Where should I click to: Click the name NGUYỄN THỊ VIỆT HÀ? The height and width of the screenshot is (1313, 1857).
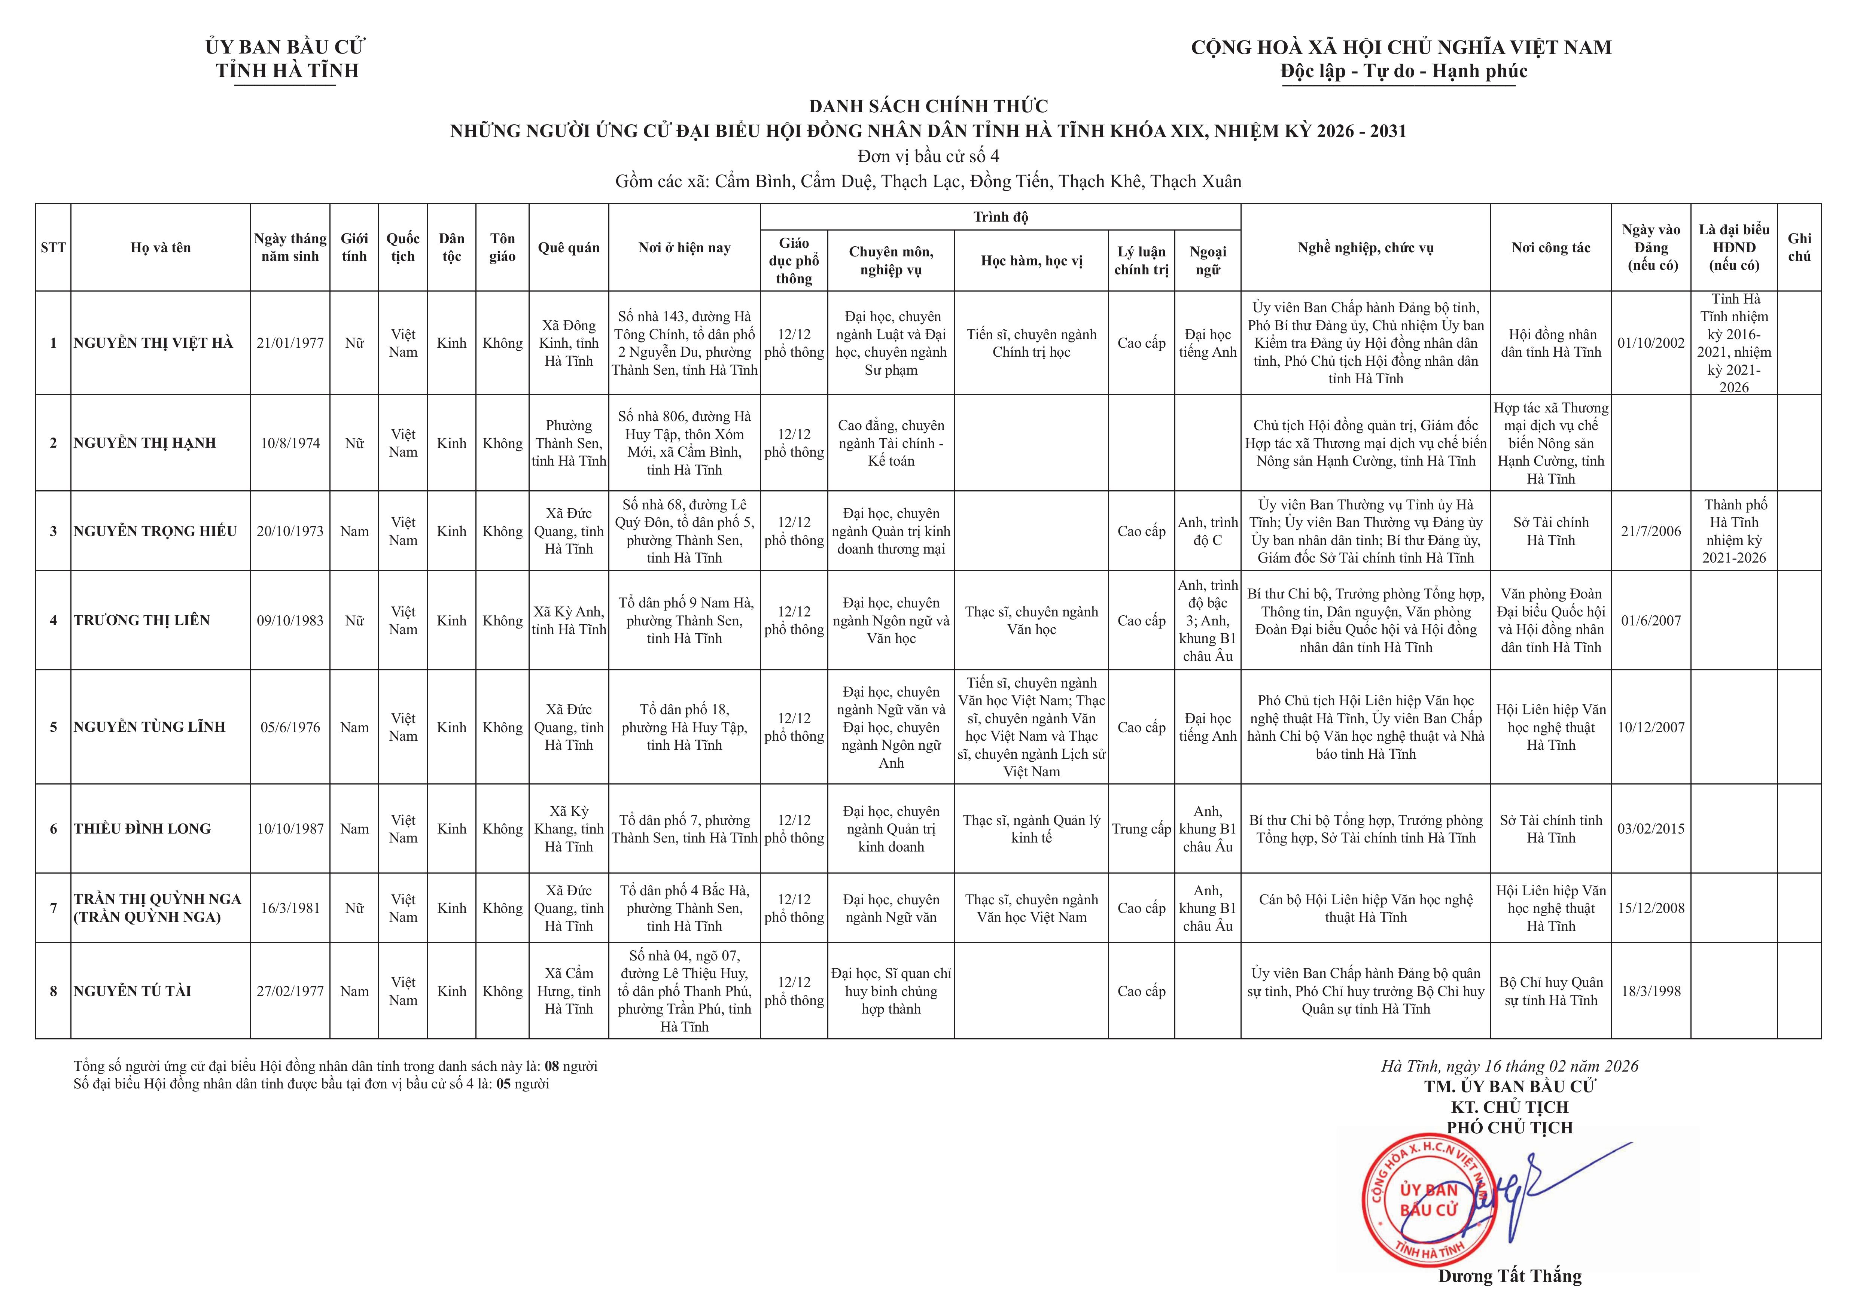pos(153,343)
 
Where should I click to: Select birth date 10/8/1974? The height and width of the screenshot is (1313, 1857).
pos(290,443)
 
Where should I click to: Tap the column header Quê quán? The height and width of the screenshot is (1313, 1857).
pos(569,247)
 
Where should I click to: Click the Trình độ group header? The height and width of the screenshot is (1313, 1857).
pos(1001,217)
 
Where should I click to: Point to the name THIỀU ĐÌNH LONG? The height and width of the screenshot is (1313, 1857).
pos(142,829)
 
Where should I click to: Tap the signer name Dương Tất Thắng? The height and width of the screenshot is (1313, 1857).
pos(1509,1276)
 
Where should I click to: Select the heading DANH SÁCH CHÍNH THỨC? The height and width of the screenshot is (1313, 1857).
pos(928,106)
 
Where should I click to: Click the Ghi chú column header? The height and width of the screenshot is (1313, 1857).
pos(1799,247)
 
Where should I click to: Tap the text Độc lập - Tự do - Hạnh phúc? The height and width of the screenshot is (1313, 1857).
pos(1403,71)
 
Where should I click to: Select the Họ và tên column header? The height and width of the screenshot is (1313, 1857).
pos(160,247)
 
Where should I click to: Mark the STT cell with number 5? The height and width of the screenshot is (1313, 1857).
pos(54,727)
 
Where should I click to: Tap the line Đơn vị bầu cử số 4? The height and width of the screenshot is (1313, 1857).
pos(928,156)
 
